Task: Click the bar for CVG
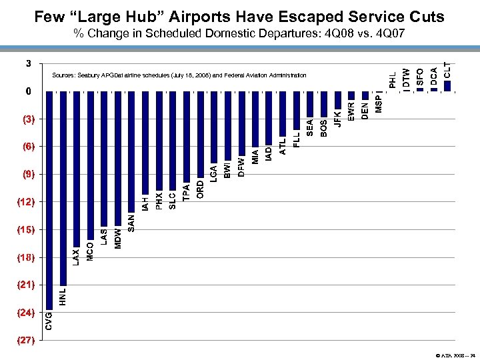(49, 200)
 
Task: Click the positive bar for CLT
(447, 85)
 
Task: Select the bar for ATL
(283, 113)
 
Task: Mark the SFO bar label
(420, 76)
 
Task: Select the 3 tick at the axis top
(27, 64)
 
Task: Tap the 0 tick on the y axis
(27, 91)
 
